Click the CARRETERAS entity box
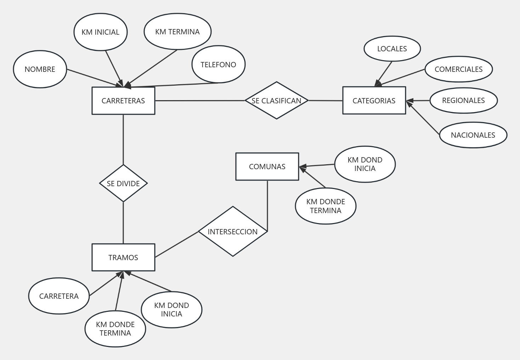coord(123,101)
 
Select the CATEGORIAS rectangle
coord(374,101)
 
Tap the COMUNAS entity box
coord(267,167)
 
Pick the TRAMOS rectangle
coord(123,257)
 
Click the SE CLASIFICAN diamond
coord(276,101)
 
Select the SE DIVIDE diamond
coord(123,183)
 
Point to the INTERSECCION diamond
coord(233,232)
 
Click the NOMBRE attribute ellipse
coord(40,69)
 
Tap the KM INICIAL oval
coord(101,32)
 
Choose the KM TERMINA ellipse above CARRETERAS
coord(177,32)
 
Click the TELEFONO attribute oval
coord(218,64)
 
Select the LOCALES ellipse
coord(392,49)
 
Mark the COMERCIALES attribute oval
coord(458,69)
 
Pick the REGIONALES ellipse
coord(463,101)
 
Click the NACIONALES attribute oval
coord(473,135)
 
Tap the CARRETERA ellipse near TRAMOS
coord(59,296)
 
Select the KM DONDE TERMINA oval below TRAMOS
coord(115,329)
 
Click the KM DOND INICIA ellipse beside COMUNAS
coord(365,164)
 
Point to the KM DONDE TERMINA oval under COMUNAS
coord(326,206)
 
